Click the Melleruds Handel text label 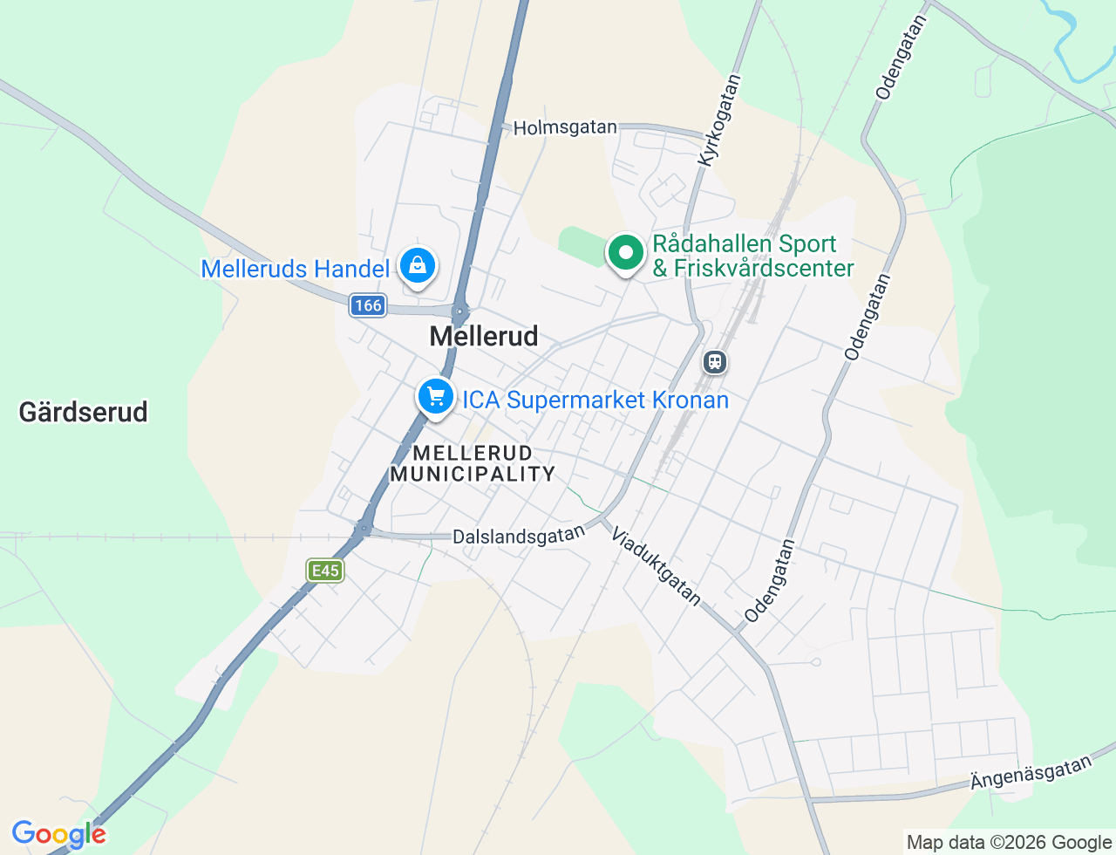coord(295,269)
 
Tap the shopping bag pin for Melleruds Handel coord(418,265)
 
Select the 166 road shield coord(368,305)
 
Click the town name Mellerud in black coord(484,336)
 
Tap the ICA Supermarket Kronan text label coord(595,400)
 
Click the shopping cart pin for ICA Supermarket coord(436,397)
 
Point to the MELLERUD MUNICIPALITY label coord(473,463)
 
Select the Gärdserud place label coord(84,412)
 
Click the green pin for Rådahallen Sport coord(625,253)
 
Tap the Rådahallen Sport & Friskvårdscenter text coord(752,256)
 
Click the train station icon coord(715,361)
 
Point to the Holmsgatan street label coord(565,127)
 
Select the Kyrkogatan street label coord(720,120)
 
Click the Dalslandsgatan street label coord(519,536)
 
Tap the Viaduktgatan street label coord(656,565)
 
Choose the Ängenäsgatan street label coord(1031,772)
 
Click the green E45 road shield coord(325,571)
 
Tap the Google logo coord(58,834)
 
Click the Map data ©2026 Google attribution coord(1009,842)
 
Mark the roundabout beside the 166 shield coord(459,311)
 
